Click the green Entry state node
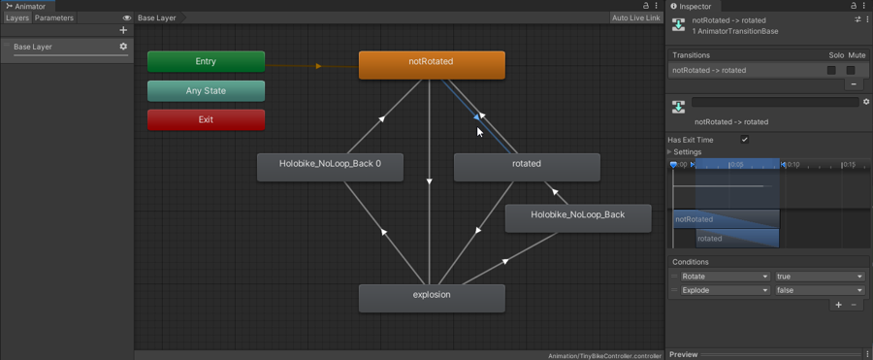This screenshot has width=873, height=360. tap(206, 61)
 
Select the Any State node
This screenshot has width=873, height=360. tap(206, 91)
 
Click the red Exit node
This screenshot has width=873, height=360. tap(206, 119)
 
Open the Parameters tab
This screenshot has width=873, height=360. tap(54, 17)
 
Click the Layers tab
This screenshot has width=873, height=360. tap(16, 17)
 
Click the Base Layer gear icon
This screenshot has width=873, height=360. tap(123, 47)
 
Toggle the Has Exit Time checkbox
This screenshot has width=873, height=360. tap(745, 140)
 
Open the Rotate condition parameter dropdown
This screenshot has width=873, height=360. tap(724, 277)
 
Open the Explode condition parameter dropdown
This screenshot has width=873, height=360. tap(724, 290)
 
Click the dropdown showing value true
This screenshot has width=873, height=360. tap(819, 277)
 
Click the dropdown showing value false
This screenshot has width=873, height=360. tap(819, 290)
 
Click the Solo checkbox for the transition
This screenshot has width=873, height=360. tap(831, 70)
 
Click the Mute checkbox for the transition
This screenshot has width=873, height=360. tap(851, 70)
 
